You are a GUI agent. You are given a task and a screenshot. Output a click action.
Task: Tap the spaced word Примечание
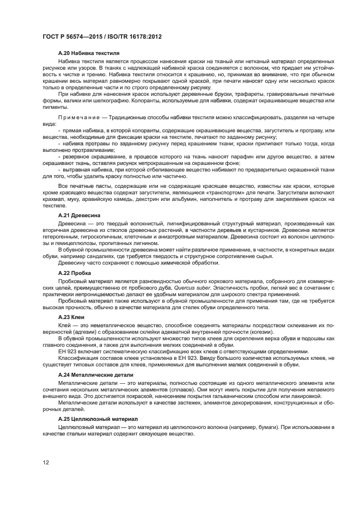click(81, 118)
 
